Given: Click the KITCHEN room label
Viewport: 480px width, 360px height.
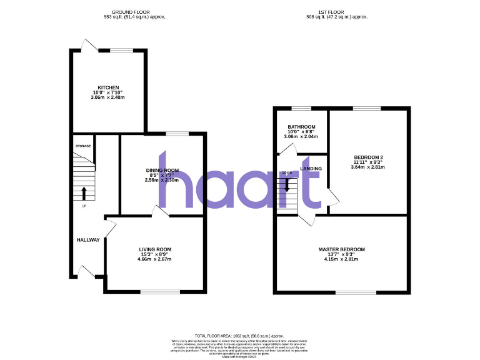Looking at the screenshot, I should (107, 87).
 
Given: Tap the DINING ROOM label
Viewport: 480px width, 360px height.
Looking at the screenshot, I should (162, 170).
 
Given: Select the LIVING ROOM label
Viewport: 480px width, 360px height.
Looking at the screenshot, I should (155, 249).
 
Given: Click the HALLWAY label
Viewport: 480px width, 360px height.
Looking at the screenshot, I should (88, 240).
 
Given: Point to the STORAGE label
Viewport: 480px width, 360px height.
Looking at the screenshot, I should (83, 146).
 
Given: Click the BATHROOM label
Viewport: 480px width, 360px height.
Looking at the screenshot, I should (301, 126).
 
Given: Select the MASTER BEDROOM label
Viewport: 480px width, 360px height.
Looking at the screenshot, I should (341, 249).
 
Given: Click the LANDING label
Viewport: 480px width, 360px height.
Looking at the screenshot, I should (311, 169).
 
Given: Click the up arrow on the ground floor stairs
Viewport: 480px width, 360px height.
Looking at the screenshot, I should (84, 192).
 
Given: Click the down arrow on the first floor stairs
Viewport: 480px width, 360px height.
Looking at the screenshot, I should (287, 185).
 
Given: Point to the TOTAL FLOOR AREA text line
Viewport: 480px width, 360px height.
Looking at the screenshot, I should (239, 336).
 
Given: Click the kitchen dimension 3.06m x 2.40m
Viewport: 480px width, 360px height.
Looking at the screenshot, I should (107, 97).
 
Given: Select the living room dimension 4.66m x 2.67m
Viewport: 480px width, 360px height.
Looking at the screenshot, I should (155, 259).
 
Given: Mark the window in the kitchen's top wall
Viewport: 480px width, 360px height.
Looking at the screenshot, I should (122, 50).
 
